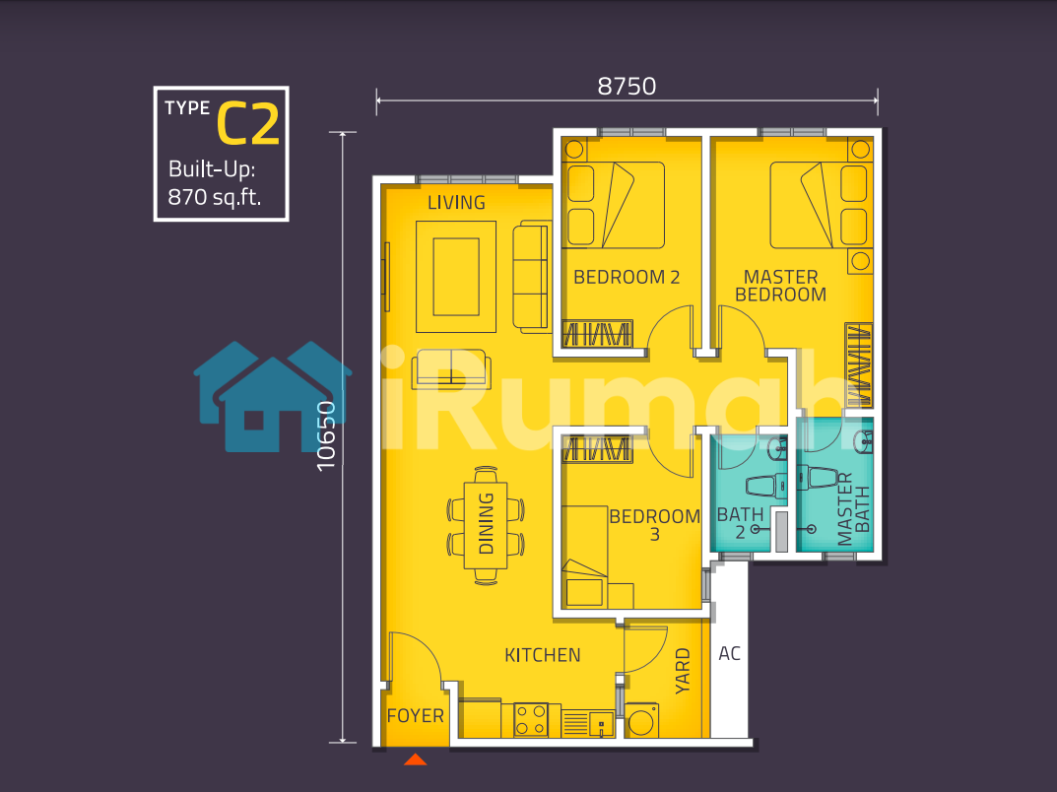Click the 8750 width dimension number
[627, 87]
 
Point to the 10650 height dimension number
[326, 436]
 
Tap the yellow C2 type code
[248, 124]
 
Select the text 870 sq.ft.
[215, 197]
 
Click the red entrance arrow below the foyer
[416, 759]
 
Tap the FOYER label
[416, 716]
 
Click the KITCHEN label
[543, 655]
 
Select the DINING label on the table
[486, 523]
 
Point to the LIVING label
[456, 202]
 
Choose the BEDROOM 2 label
[627, 277]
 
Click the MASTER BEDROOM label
[780, 286]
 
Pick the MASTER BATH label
[853, 509]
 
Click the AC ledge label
[729, 653]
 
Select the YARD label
[683, 671]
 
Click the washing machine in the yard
[641, 720]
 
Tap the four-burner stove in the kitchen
[531, 720]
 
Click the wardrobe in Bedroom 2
[597, 334]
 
